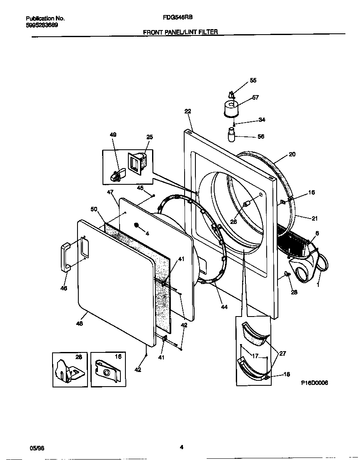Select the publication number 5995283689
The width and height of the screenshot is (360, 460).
point(42,25)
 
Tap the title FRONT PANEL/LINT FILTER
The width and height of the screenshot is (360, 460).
point(180,32)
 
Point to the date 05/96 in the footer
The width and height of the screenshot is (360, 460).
point(37,447)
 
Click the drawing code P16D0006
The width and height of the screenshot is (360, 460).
point(315,383)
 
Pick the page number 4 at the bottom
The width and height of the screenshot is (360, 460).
point(181,447)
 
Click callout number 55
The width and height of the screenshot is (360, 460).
point(253,80)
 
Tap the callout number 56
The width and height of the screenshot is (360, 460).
point(261,136)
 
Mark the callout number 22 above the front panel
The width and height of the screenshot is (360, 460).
point(187,111)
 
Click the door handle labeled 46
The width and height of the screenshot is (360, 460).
point(65,257)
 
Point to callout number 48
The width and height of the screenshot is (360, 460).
point(79,323)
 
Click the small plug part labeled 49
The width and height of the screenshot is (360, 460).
point(115,176)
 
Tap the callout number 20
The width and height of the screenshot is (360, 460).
point(292,154)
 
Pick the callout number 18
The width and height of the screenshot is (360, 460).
point(287,374)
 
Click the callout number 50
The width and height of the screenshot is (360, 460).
point(94,209)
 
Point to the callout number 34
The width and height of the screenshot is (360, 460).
point(262,120)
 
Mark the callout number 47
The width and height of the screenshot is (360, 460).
point(110,192)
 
